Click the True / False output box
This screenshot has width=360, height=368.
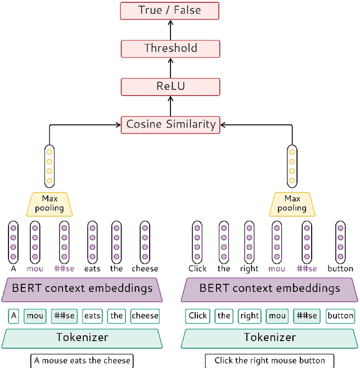click(x=169, y=10)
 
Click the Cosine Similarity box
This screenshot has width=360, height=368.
click(x=170, y=124)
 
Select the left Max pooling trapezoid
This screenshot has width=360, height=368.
click(x=49, y=203)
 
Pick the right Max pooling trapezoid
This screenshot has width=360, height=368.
click(x=292, y=203)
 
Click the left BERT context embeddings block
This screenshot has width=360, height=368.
click(x=82, y=289)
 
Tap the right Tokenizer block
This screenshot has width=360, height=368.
click(x=269, y=337)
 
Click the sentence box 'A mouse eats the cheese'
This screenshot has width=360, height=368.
click(x=82, y=360)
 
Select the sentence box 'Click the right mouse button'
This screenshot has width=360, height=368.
click(x=269, y=360)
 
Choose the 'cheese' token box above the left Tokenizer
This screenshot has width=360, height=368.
click(x=145, y=316)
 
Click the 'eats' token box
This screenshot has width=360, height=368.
click(x=92, y=316)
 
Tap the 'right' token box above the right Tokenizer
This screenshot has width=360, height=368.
click(x=249, y=316)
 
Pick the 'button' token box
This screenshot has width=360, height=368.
click(x=340, y=316)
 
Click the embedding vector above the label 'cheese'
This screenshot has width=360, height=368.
click(x=145, y=242)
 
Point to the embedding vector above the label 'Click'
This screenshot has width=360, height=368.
click(x=197, y=242)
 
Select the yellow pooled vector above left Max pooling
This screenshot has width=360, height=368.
click(x=49, y=166)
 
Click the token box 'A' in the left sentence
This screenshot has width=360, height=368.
click(x=13, y=316)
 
